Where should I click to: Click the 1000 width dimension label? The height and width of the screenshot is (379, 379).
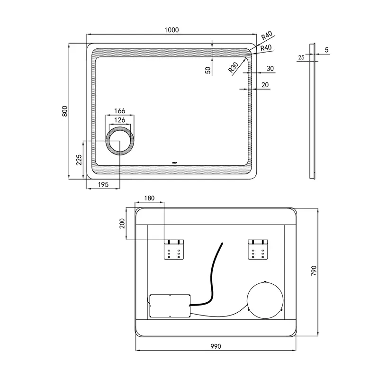pos(171,30)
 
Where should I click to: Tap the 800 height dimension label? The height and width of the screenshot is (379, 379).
pos(65,111)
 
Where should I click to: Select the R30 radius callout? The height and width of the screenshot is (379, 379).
pos(233,67)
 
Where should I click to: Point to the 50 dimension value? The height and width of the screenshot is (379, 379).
pos(208,70)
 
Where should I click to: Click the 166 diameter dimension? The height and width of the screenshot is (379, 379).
pos(120,111)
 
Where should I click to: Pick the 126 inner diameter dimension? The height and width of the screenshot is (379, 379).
pos(120,120)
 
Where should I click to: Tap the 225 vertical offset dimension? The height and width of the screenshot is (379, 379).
pos(79,160)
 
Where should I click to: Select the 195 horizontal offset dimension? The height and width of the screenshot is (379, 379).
pos(103,184)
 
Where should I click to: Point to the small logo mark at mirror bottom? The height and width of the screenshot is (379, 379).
pos(174,162)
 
